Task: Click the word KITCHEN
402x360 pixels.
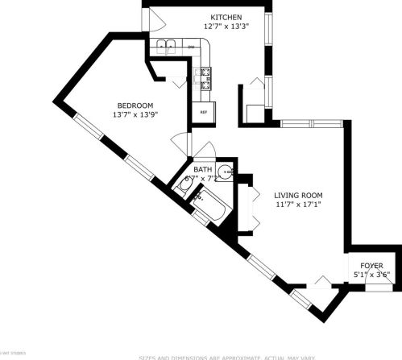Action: click(226, 17)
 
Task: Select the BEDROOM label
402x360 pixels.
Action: click(135, 105)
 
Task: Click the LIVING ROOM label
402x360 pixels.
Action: click(298, 195)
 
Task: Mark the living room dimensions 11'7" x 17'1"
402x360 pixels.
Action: click(298, 205)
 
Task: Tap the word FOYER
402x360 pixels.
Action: click(371, 266)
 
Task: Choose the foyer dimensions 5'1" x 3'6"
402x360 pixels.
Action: click(371, 275)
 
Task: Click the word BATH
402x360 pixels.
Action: click(202, 169)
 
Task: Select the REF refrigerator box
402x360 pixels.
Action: click(203, 111)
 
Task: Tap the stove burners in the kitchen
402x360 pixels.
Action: click(205, 77)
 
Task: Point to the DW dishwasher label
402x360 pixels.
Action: click(192, 47)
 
